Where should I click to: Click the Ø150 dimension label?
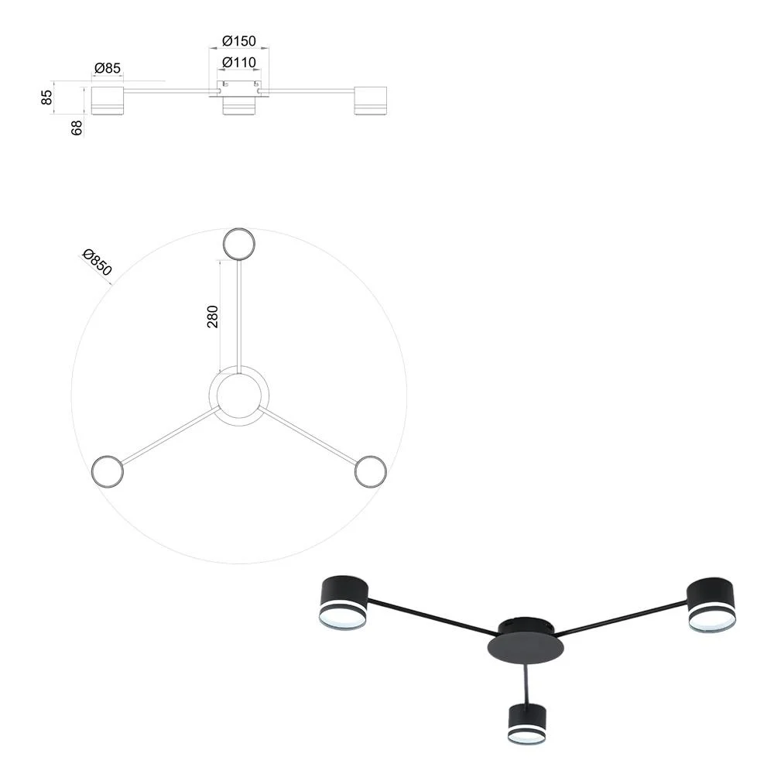click(x=239, y=40)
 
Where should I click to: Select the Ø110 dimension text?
click(x=239, y=62)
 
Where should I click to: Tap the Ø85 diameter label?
click(x=107, y=67)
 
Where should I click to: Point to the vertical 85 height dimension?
click(x=46, y=97)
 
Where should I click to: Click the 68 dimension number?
click(x=77, y=128)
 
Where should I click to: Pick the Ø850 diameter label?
click(x=98, y=262)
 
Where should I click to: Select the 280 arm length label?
click(x=212, y=317)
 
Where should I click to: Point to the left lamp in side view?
click(x=107, y=101)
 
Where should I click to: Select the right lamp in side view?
click(x=370, y=101)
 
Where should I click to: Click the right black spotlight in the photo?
click(x=711, y=605)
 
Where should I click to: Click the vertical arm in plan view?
click(x=239, y=317)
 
